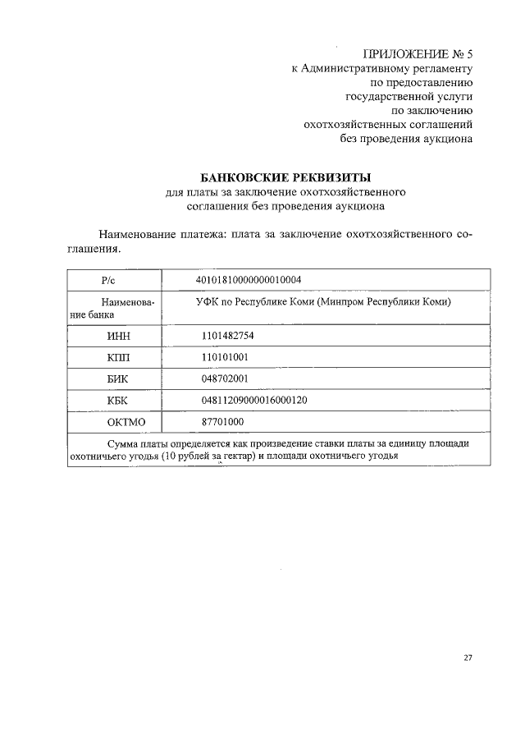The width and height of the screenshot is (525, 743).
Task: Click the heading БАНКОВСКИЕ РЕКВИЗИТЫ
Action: tap(286, 177)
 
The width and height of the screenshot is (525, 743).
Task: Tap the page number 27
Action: tap(468, 657)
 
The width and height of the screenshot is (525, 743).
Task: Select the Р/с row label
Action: tap(114, 281)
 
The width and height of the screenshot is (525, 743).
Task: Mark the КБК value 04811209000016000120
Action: tap(254, 400)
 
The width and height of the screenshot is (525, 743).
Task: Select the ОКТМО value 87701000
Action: tap(223, 421)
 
